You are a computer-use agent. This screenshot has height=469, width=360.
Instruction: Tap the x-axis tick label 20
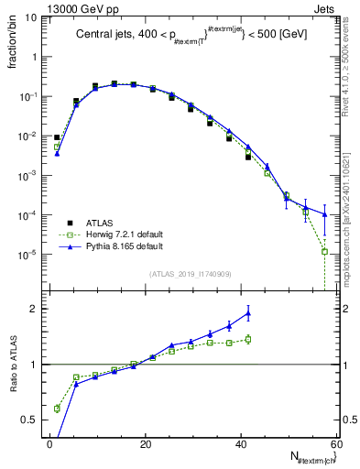click(146, 443)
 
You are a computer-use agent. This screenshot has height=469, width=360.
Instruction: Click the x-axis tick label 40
click(241, 443)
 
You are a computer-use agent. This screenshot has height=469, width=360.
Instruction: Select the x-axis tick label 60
click(335, 443)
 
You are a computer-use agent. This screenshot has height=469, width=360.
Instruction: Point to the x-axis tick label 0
click(50, 443)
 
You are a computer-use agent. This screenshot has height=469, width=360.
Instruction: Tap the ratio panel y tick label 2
click(36, 309)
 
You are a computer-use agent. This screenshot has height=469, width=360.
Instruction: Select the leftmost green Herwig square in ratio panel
click(57, 409)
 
